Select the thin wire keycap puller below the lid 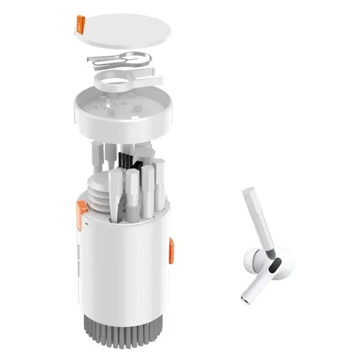coord(118,59)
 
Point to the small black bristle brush coord(126,159)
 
